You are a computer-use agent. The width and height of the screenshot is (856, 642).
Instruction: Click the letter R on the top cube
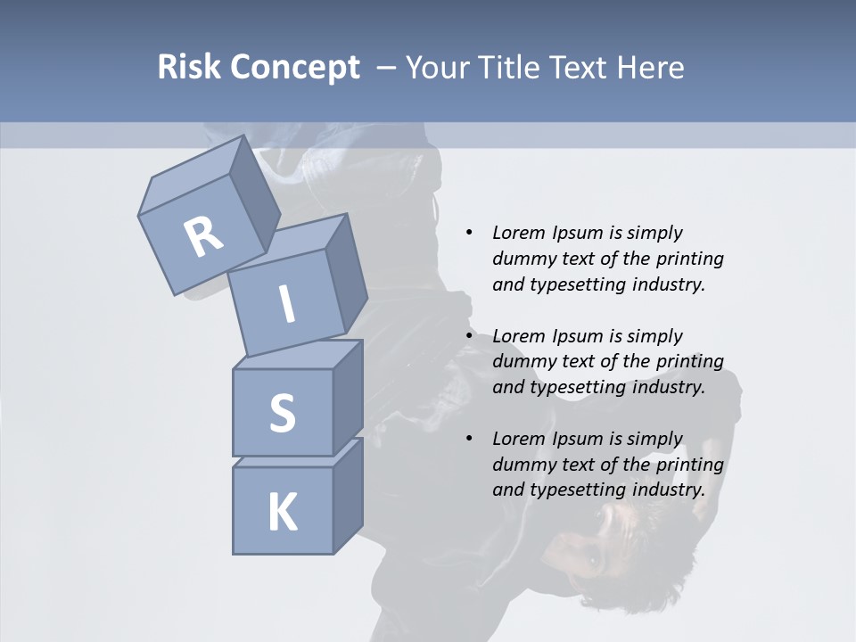(x=203, y=236)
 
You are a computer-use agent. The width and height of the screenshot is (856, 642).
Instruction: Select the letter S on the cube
(x=282, y=413)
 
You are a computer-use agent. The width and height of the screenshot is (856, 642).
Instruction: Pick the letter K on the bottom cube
(x=282, y=513)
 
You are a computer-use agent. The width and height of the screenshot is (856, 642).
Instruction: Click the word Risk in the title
(x=188, y=68)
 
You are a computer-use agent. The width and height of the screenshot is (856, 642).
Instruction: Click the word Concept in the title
(x=293, y=68)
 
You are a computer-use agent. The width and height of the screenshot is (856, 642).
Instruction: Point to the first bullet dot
(x=469, y=234)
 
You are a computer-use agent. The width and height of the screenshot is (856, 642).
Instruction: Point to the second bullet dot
(x=469, y=336)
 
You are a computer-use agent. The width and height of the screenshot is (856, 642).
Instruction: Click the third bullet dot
(x=469, y=439)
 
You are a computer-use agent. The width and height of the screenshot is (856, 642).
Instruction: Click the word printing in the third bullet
(x=689, y=465)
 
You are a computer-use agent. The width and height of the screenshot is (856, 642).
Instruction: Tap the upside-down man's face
(x=596, y=553)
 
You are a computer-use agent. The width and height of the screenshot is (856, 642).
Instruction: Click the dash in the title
(x=387, y=68)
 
